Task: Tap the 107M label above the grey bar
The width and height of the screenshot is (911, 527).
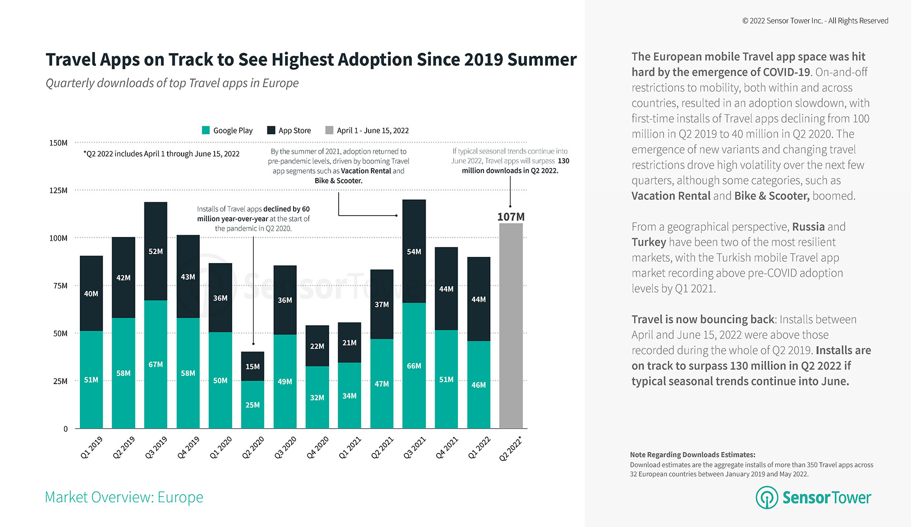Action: (511, 217)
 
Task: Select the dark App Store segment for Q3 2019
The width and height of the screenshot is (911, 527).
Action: (156, 251)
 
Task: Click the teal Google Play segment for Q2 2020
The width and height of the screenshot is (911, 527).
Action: (253, 405)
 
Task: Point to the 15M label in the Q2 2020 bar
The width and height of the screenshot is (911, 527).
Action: (253, 367)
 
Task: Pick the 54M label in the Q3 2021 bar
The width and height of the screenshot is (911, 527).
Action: (414, 252)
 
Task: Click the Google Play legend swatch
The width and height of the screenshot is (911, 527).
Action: (206, 130)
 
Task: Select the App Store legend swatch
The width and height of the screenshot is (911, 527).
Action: (271, 130)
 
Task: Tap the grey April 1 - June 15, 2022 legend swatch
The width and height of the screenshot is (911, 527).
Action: (329, 130)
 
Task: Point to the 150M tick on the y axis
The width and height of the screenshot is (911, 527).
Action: (58, 143)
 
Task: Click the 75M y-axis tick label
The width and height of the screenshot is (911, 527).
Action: (60, 286)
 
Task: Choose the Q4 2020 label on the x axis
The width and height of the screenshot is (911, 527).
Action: (317, 448)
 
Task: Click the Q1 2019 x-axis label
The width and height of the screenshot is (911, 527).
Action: (91, 448)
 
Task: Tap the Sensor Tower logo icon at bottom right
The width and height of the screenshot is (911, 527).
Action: (767, 497)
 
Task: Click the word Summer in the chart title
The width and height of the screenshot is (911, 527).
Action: (542, 60)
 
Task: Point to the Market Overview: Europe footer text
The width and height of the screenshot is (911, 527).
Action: (124, 497)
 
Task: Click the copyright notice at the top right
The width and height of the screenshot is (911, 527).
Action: (815, 21)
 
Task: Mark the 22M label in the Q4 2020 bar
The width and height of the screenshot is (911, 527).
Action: (317, 346)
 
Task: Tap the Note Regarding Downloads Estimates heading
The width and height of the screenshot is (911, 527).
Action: (693, 454)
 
